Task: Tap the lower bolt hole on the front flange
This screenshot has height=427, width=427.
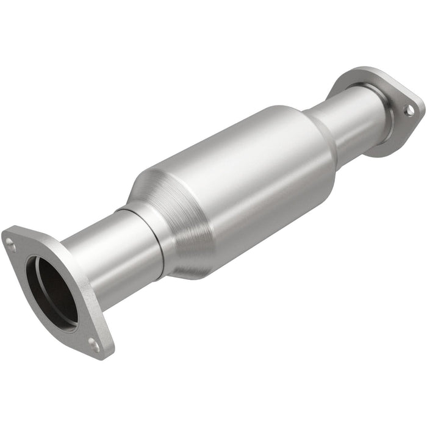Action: click(93, 345)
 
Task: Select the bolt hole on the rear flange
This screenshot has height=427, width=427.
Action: click(410, 110)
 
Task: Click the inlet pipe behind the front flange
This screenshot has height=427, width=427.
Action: click(98, 256)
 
